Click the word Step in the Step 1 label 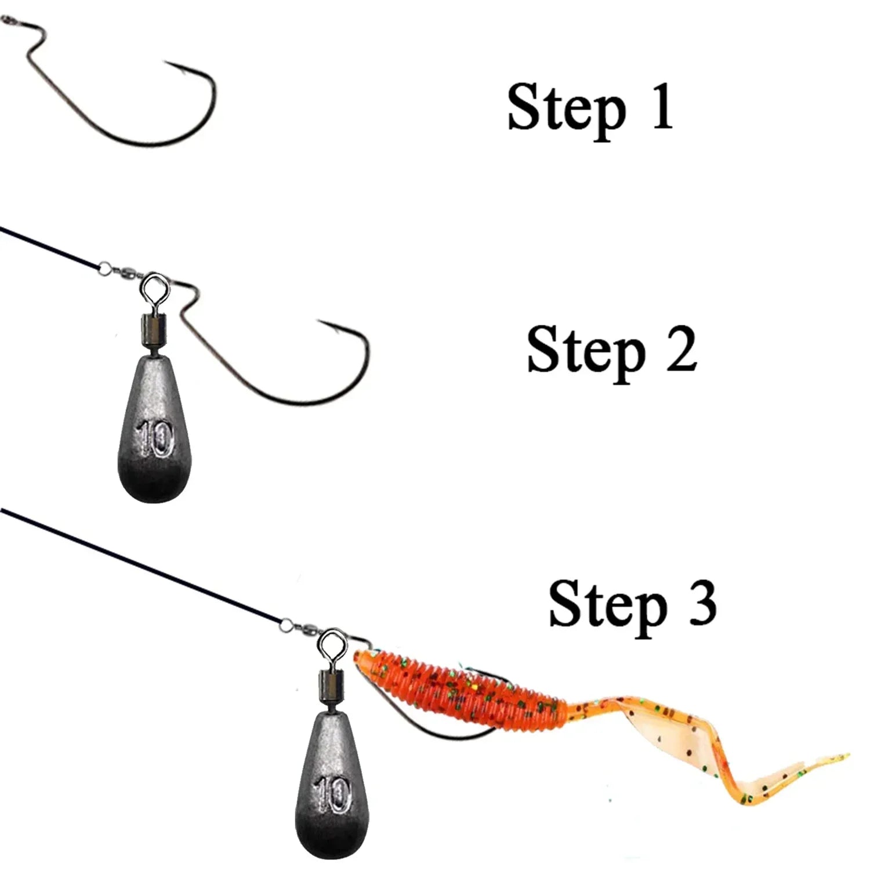(567, 110)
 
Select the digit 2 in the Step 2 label (681, 347)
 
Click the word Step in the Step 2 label (586, 352)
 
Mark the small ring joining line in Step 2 (104, 267)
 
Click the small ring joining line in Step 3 (286, 625)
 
